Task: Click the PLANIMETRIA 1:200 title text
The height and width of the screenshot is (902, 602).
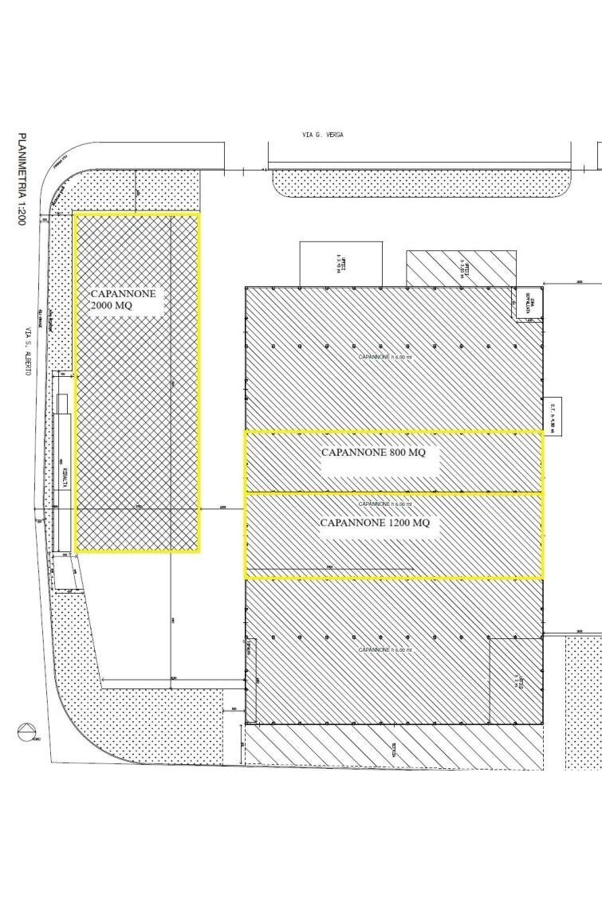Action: pyautogui.click(x=21, y=178)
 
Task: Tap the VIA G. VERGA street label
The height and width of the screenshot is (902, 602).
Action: pyautogui.click(x=322, y=135)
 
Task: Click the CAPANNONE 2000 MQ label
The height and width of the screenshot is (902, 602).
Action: pyautogui.click(x=124, y=300)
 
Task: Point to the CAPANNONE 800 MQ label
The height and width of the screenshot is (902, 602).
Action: pyautogui.click(x=373, y=453)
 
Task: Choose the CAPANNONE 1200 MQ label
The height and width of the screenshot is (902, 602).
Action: pyautogui.click(x=375, y=524)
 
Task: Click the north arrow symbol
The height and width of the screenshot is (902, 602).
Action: pyautogui.click(x=26, y=731)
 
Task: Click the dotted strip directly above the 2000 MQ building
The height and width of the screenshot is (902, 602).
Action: pyautogui.click(x=136, y=190)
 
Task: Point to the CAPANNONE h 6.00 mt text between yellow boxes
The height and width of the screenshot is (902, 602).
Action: pyautogui.click(x=385, y=504)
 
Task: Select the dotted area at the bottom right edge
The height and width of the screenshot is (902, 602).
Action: pyautogui.click(x=584, y=701)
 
